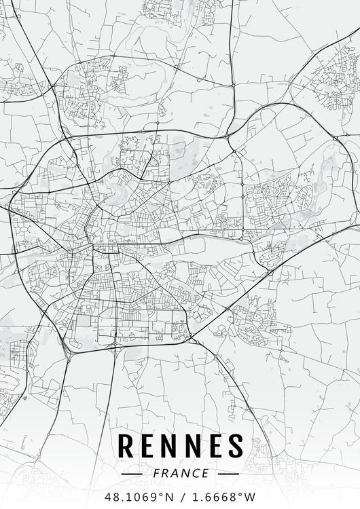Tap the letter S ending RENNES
(x=235, y=446)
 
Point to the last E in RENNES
(x=214, y=446)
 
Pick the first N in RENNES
(x=170, y=446)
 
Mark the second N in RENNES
(x=192, y=446)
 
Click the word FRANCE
(x=181, y=473)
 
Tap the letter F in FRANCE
(x=157, y=473)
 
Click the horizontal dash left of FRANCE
(x=131, y=474)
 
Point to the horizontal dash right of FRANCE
(x=229, y=474)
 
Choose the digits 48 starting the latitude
(x=111, y=496)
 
